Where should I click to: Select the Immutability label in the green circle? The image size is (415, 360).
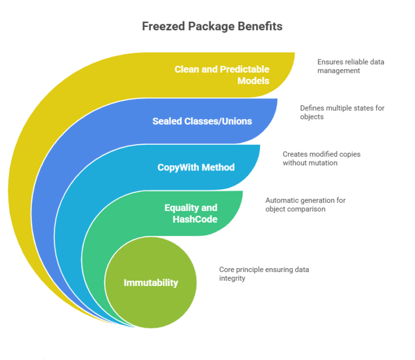point(151,283)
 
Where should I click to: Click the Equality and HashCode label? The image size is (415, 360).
point(191,213)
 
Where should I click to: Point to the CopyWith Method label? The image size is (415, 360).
point(196,167)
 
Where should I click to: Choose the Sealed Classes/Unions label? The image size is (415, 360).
point(202,121)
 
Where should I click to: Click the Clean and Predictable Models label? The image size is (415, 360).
point(222,75)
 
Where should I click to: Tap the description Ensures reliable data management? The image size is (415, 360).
point(351,66)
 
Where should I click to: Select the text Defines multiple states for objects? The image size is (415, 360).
point(342,112)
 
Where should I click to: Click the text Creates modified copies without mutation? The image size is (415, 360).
point(322,158)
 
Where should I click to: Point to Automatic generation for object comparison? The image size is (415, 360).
point(305,205)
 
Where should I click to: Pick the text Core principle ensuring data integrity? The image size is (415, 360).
point(264,274)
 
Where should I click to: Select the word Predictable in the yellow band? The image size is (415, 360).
point(244,69)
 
